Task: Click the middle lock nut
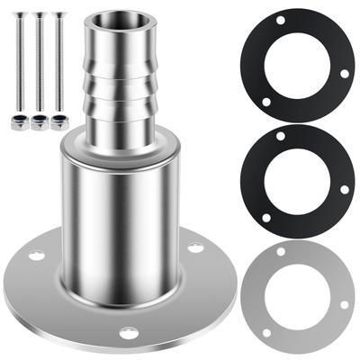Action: [40, 122]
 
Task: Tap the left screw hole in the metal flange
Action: [36, 256]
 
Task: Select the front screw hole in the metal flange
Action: [128, 332]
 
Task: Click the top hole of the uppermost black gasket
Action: [282, 21]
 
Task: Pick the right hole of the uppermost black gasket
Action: [344, 74]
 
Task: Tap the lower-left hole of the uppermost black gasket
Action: [265, 102]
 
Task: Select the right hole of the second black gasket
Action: [344, 189]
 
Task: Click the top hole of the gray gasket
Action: [282, 252]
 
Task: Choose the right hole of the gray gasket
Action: [344, 304]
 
